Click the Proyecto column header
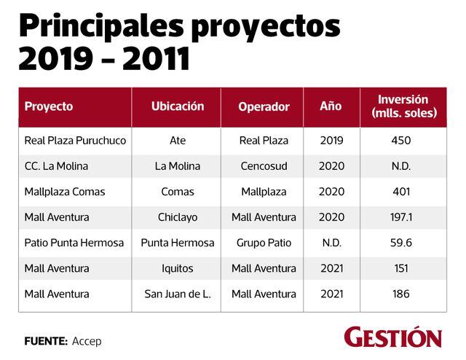click(49, 106)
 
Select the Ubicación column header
click(178, 106)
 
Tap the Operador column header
click(264, 106)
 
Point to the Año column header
click(331, 106)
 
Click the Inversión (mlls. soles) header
click(403, 106)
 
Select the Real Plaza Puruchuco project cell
click(75, 141)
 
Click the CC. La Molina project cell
click(56, 166)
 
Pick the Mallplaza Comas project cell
click(65, 192)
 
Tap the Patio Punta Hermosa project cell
click(74, 243)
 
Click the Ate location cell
click(178, 141)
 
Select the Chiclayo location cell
click(178, 217)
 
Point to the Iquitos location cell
click(178, 268)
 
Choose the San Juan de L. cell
click(178, 294)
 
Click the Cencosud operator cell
click(264, 166)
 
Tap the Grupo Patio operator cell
click(264, 243)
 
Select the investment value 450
click(401, 141)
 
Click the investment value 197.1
click(401, 217)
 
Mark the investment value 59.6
click(401, 243)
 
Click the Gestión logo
click(393, 338)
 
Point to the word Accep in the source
click(87, 341)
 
